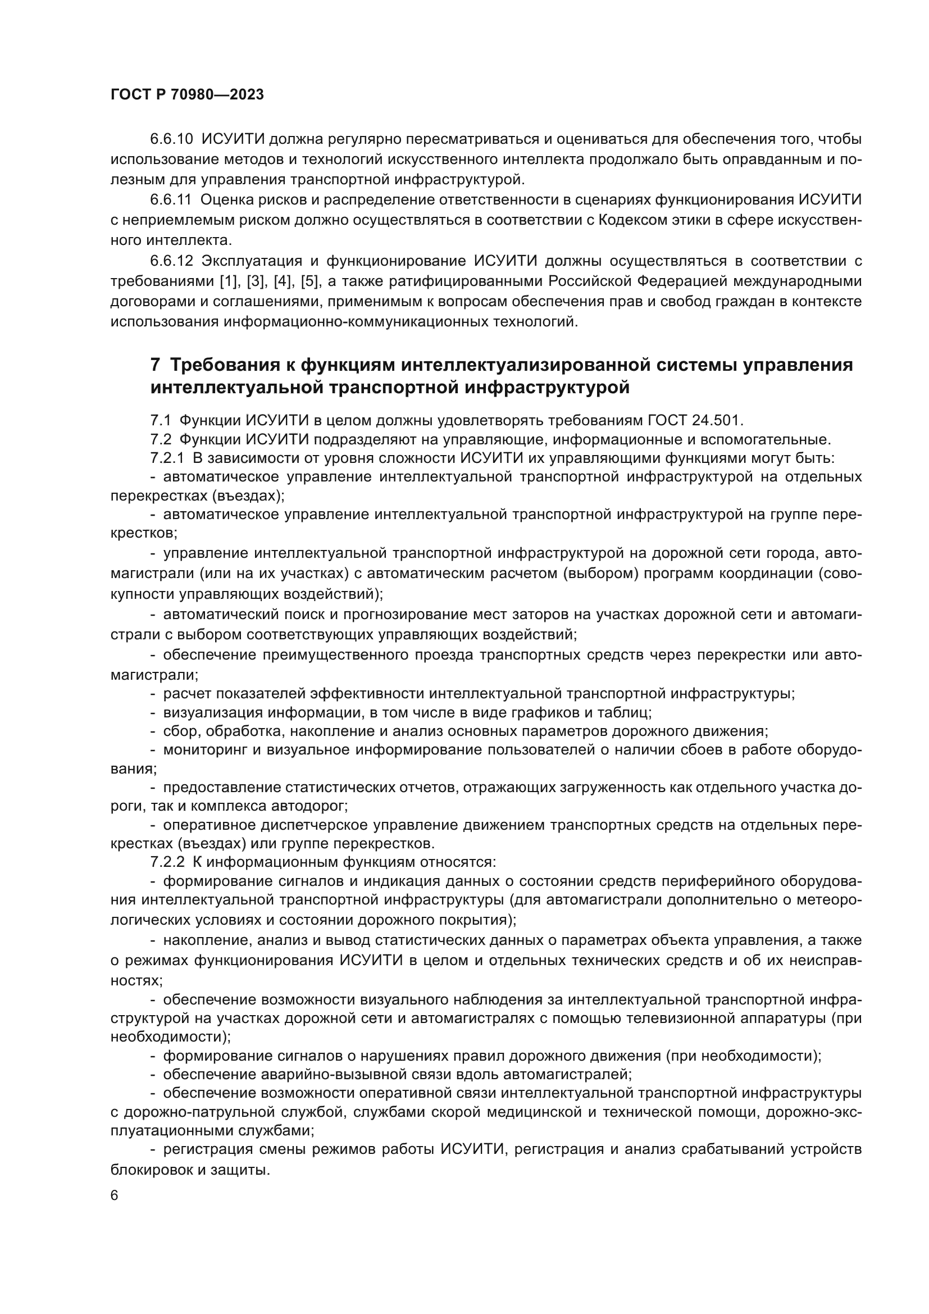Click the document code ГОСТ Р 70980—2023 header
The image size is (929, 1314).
(187, 95)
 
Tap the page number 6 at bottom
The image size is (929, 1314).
(115, 1195)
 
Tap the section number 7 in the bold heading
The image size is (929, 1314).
(155, 365)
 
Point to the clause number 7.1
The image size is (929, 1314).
(161, 421)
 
